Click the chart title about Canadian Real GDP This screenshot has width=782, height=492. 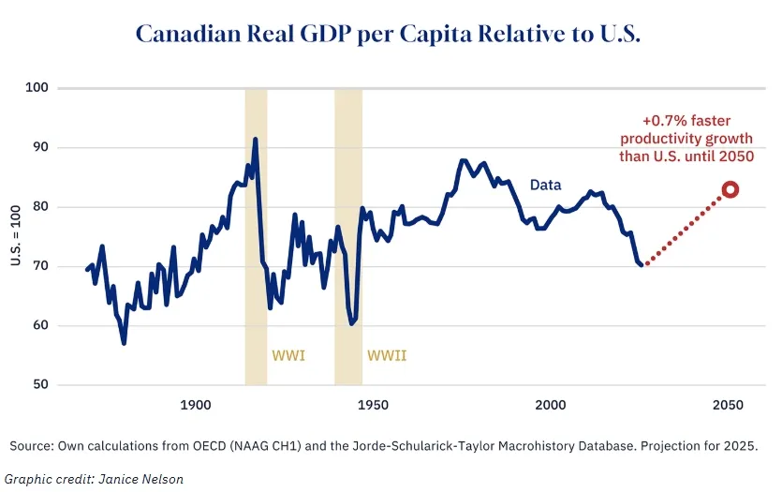387,34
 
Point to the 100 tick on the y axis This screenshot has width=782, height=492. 37,88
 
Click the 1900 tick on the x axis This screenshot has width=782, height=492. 195,406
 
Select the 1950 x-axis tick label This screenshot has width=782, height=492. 373,406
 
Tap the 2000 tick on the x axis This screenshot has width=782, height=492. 551,406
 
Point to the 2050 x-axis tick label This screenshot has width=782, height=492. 728,406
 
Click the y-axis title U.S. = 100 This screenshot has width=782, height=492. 15,236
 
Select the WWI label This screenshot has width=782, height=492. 288,356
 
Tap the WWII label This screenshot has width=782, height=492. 387,356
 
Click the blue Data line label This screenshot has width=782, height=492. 545,186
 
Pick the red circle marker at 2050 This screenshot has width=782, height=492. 730,189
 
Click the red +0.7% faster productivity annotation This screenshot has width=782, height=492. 686,139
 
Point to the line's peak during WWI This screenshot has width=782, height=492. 255,140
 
